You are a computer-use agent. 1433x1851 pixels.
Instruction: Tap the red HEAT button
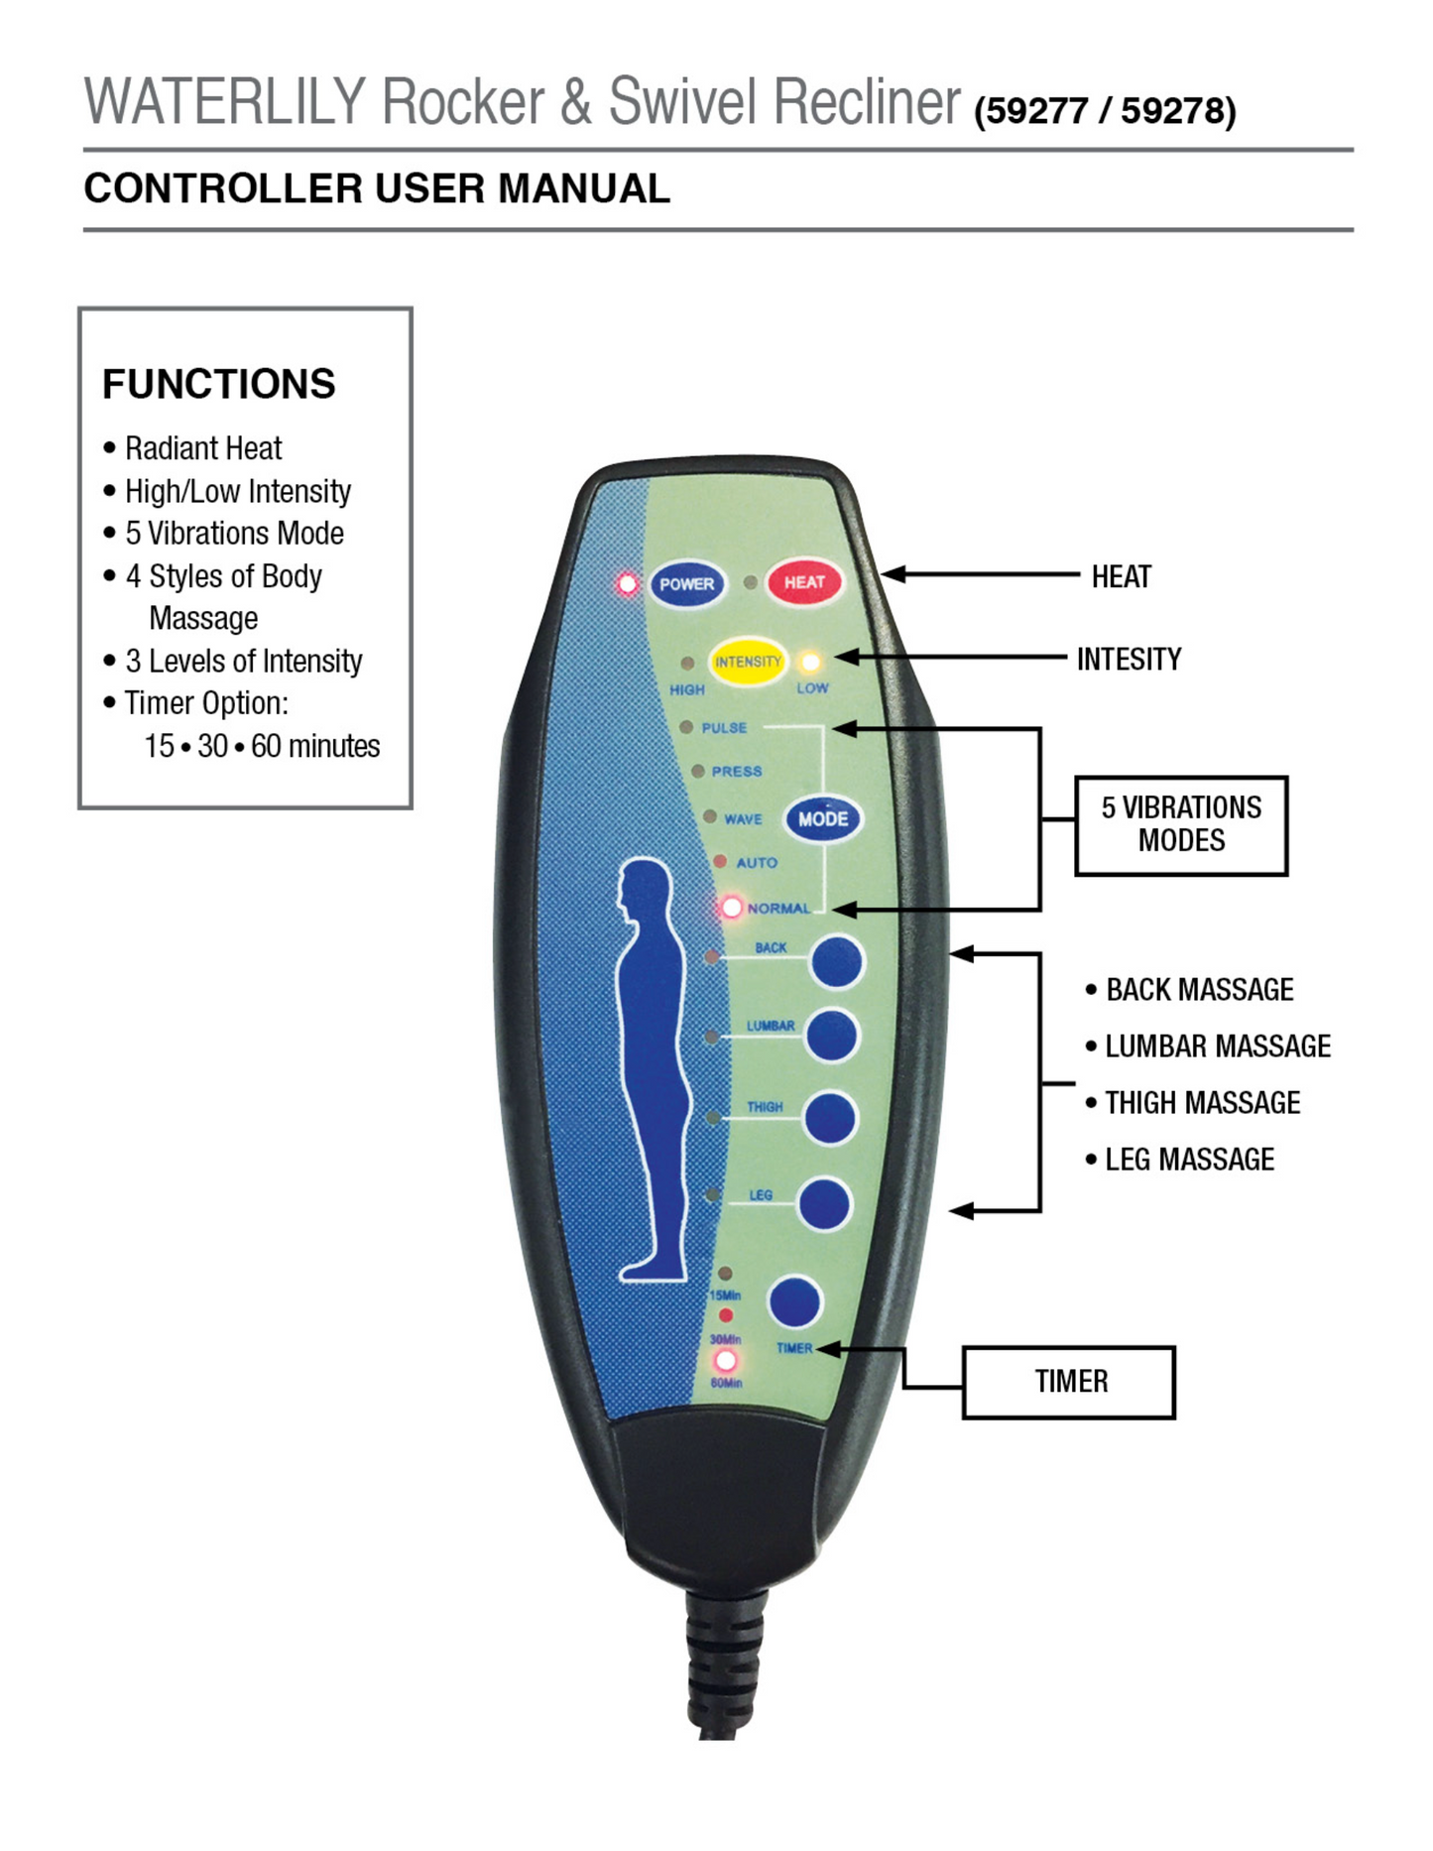tap(804, 582)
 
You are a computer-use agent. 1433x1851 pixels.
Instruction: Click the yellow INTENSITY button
tap(748, 662)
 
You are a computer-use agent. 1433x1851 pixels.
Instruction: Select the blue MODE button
tap(823, 819)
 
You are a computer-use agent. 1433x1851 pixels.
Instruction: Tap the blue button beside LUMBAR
tap(831, 1036)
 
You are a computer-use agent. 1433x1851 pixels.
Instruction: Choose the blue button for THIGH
tap(830, 1118)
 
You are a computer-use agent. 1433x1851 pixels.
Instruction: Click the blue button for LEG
tap(824, 1205)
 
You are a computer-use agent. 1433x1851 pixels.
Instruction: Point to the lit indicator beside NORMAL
tap(731, 908)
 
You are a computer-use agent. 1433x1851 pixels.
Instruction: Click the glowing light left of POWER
tap(627, 583)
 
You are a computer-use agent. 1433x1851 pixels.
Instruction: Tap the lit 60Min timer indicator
tap(726, 1361)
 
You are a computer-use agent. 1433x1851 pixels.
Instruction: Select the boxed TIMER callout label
tap(1069, 1382)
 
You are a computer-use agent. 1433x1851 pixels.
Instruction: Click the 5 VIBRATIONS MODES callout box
tap(1181, 824)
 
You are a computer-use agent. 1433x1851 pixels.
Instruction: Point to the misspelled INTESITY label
tap(1129, 660)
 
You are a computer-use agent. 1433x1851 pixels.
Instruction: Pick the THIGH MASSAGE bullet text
tap(1202, 1103)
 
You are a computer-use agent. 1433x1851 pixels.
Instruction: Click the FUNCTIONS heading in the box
tap(219, 384)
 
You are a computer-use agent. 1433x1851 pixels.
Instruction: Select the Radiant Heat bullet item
tap(203, 448)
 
